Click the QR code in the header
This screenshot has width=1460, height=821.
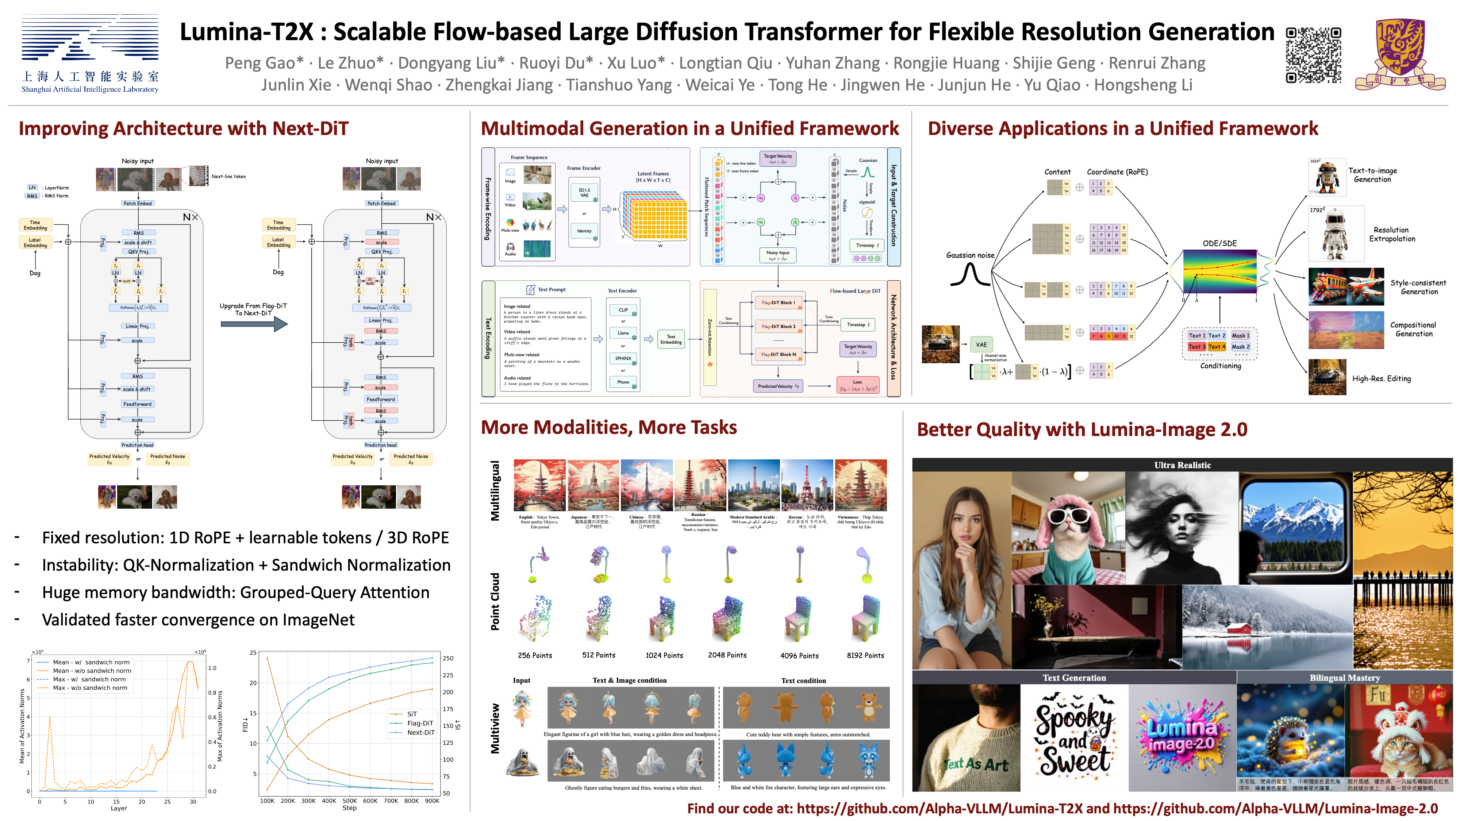(x=1313, y=55)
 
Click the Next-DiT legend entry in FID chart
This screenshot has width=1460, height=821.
(x=420, y=733)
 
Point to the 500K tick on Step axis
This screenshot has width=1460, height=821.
(x=350, y=801)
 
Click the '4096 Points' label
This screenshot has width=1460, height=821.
(x=799, y=656)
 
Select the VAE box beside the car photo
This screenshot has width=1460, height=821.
(x=981, y=344)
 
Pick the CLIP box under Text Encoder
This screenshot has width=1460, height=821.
(x=623, y=310)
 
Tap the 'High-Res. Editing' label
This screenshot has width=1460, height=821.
(x=1381, y=378)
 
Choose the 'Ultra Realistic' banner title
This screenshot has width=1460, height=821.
(x=1182, y=465)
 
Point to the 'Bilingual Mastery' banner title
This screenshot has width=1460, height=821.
(x=1344, y=678)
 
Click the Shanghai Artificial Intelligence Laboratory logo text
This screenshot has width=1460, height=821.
(x=89, y=89)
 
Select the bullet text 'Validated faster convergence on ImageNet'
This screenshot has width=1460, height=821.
(x=198, y=620)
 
